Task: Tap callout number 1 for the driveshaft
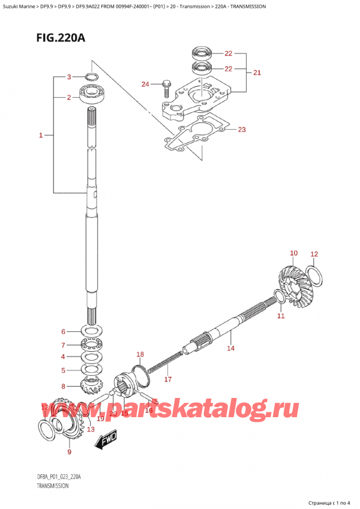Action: (41, 136)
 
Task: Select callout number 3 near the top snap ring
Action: (69, 77)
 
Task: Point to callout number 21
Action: (257, 73)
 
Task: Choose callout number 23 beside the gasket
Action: (242, 129)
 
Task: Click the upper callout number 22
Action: (228, 53)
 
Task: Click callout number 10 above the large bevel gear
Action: (293, 253)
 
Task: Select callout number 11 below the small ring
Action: (281, 316)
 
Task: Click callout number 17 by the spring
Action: (169, 379)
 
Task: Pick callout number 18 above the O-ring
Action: (140, 354)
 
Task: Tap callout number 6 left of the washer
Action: (62, 332)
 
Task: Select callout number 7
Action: (62, 345)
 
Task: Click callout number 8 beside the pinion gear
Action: (62, 386)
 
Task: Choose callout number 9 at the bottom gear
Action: (69, 451)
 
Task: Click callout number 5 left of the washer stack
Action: (62, 370)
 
